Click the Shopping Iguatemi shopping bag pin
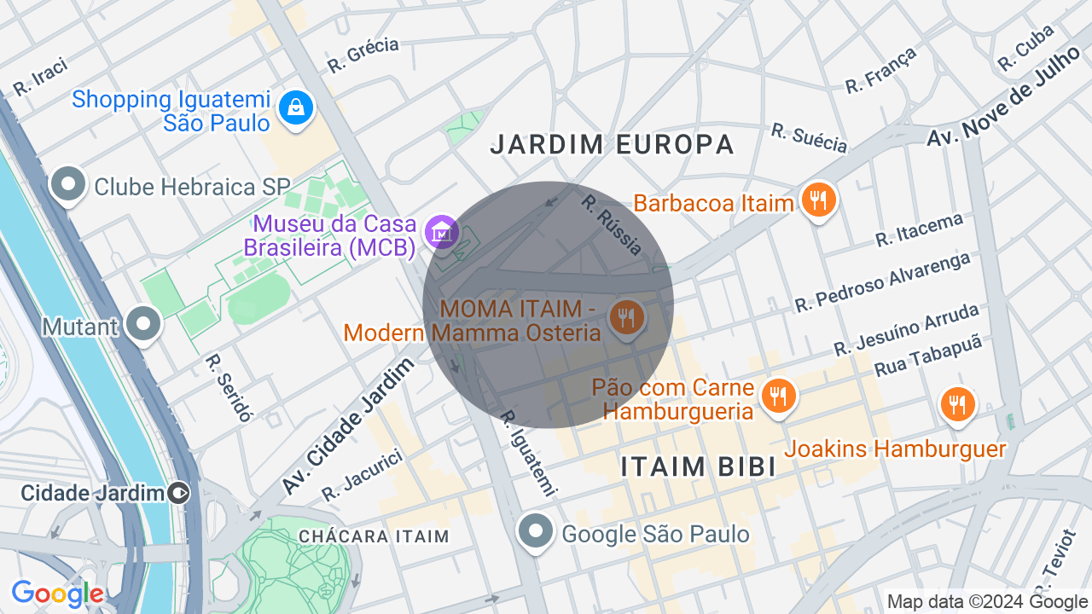[x=296, y=108]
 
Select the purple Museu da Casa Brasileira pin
[x=443, y=231]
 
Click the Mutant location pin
[x=143, y=324]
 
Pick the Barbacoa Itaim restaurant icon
[x=818, y=200]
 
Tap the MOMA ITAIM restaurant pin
[x=627, y=318]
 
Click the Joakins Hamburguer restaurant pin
[x=958, y=405]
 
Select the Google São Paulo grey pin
[x=536, y=531]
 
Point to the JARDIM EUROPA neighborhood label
[x=612, y=144]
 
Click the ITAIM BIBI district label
[x=698, y=466]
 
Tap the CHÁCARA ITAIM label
[x=374, y=536]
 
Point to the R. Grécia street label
[x=363, y=55]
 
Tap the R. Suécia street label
[x=809, y=137]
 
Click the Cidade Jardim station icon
[x=179, y=492]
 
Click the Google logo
[x=57, y=594]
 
